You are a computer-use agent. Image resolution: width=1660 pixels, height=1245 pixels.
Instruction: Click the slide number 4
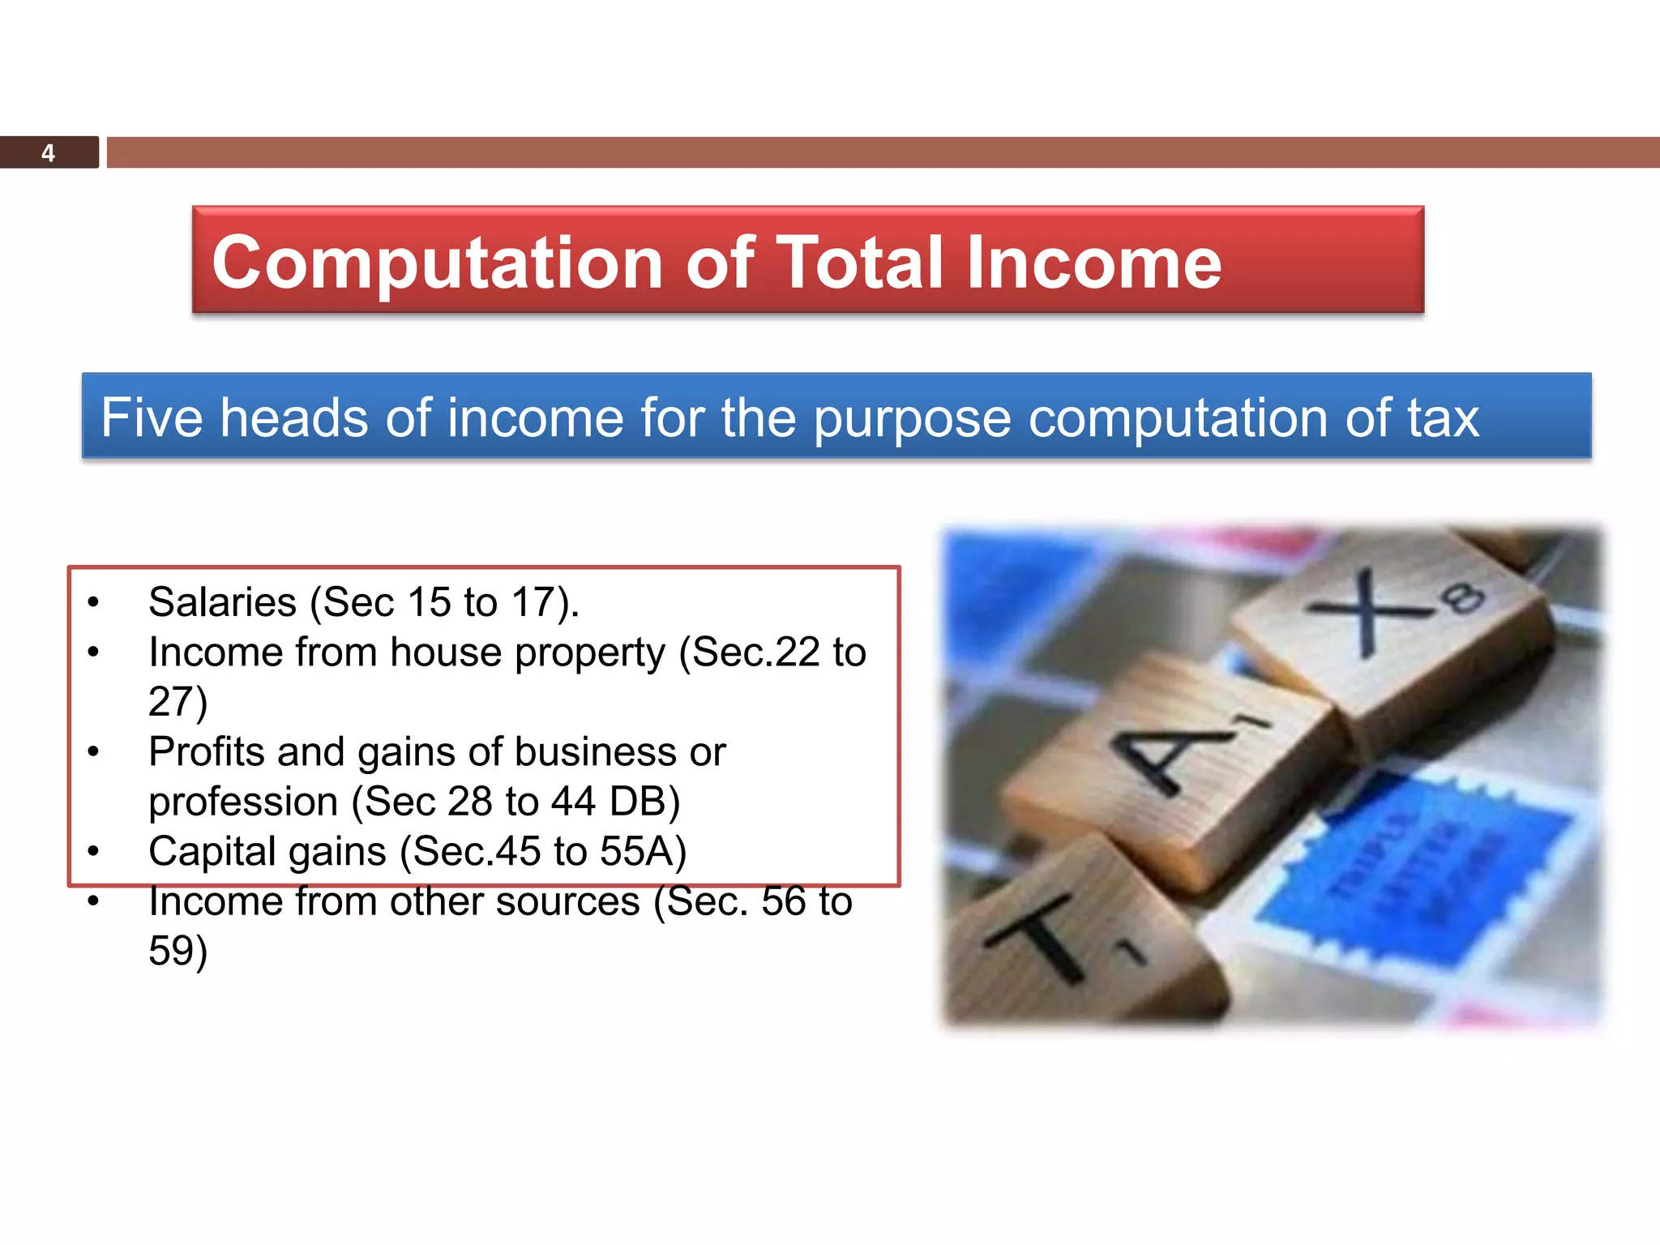coord(48,153)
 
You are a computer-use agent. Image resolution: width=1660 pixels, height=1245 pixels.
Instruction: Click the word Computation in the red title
coord(438,263)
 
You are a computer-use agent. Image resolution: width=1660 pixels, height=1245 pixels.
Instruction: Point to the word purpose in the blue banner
coord(912,420)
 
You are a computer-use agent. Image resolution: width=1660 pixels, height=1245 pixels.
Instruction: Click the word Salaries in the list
coord(223,602)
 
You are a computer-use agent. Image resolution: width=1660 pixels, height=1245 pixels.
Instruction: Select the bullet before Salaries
coord(93,602)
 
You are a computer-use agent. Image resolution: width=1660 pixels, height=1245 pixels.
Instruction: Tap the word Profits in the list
coord(207,752)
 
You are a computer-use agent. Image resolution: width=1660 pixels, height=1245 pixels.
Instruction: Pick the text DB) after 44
coord(644,802)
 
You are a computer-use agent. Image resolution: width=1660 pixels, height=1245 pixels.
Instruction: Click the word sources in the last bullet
coord(567,901)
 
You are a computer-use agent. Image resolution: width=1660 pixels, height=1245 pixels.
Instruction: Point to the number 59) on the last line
coord(178,951)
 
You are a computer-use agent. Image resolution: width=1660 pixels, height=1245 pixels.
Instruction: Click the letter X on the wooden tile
coord(1370,612)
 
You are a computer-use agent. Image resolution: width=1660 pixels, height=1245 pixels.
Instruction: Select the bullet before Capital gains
coord(93,852)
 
